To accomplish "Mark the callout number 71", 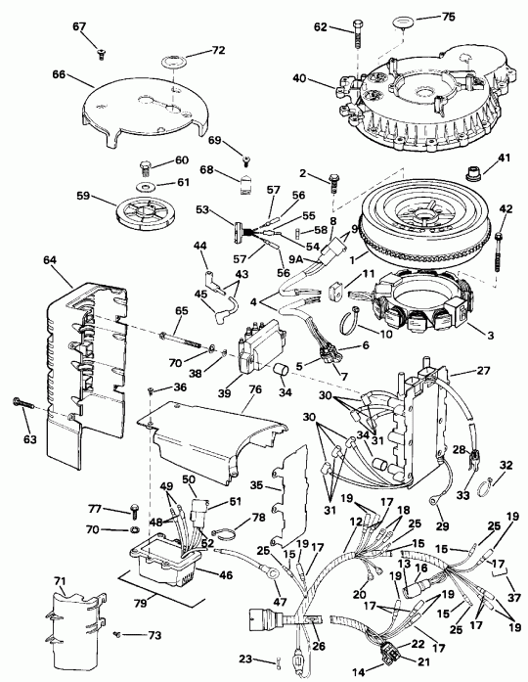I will (58, 581).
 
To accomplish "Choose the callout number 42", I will (506, 207).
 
